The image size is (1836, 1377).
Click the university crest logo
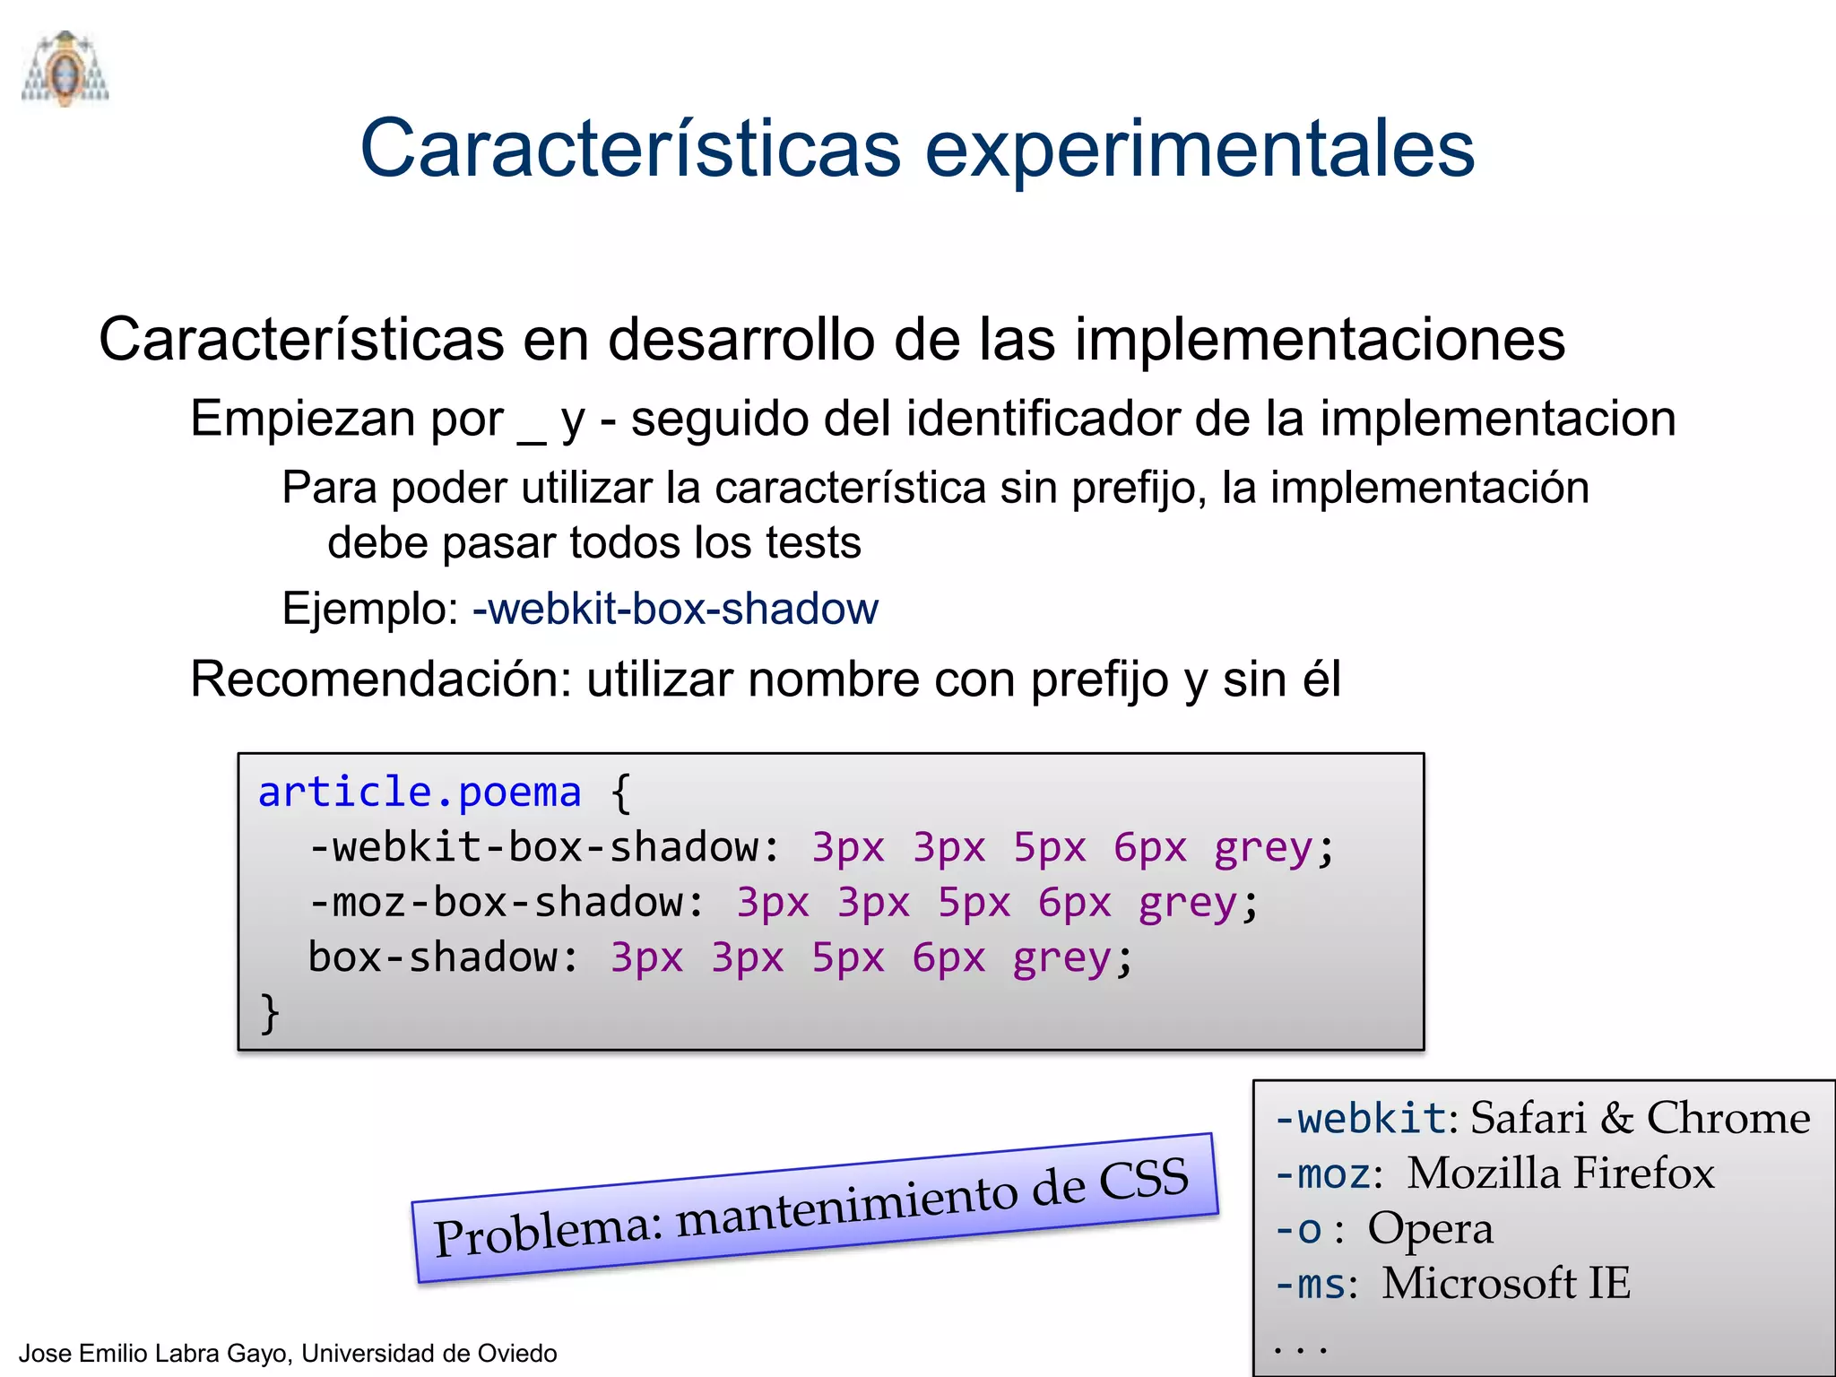tap(65, 69)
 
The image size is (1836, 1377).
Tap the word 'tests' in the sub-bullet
tap(813, 543)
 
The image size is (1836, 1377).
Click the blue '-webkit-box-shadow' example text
tap(675, 610)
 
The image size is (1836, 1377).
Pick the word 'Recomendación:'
tap(381, 680)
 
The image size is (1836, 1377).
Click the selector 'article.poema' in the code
tap(420, 792)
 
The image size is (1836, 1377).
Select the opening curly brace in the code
tap(620, 793)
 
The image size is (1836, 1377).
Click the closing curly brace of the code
tap(269, 1013)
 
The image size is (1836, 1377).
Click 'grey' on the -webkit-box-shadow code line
tap(1262, 848)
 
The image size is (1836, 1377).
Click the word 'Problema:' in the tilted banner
tap(548, 1232)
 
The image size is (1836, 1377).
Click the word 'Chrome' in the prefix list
tap(1728, 1118)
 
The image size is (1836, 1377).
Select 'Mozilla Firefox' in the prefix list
tap(1560, 1173)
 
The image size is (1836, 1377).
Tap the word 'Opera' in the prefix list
tap(1430, 1229)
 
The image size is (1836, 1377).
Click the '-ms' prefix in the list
tap(1311, 1284)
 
